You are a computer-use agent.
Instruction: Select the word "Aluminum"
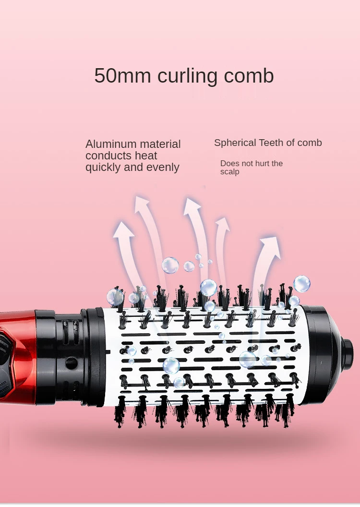(109, 144)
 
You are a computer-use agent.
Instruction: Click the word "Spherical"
(235, 143)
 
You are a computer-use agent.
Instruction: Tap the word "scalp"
(230, 172)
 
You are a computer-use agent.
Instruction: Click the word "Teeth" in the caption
(271, 143)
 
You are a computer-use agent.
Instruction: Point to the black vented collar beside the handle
(70, 355)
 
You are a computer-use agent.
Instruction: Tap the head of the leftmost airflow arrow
(124, 229)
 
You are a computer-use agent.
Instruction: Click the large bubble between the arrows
(170, 265)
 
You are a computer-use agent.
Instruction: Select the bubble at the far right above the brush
(302, 283)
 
